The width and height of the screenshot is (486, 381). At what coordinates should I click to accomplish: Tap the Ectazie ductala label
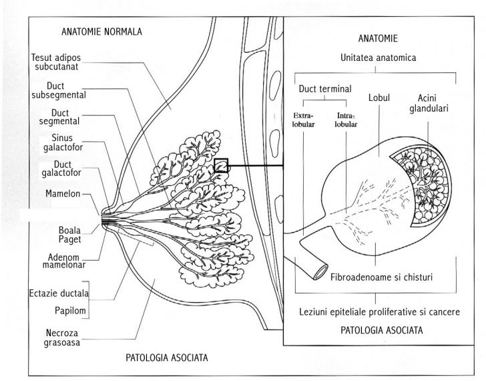click(59, 293)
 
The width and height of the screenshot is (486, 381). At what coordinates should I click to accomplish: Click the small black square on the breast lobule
click(222, 165)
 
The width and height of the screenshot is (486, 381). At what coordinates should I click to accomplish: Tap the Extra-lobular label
click(303, 120)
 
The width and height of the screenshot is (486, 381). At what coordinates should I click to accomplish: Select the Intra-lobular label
click(341, 120)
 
